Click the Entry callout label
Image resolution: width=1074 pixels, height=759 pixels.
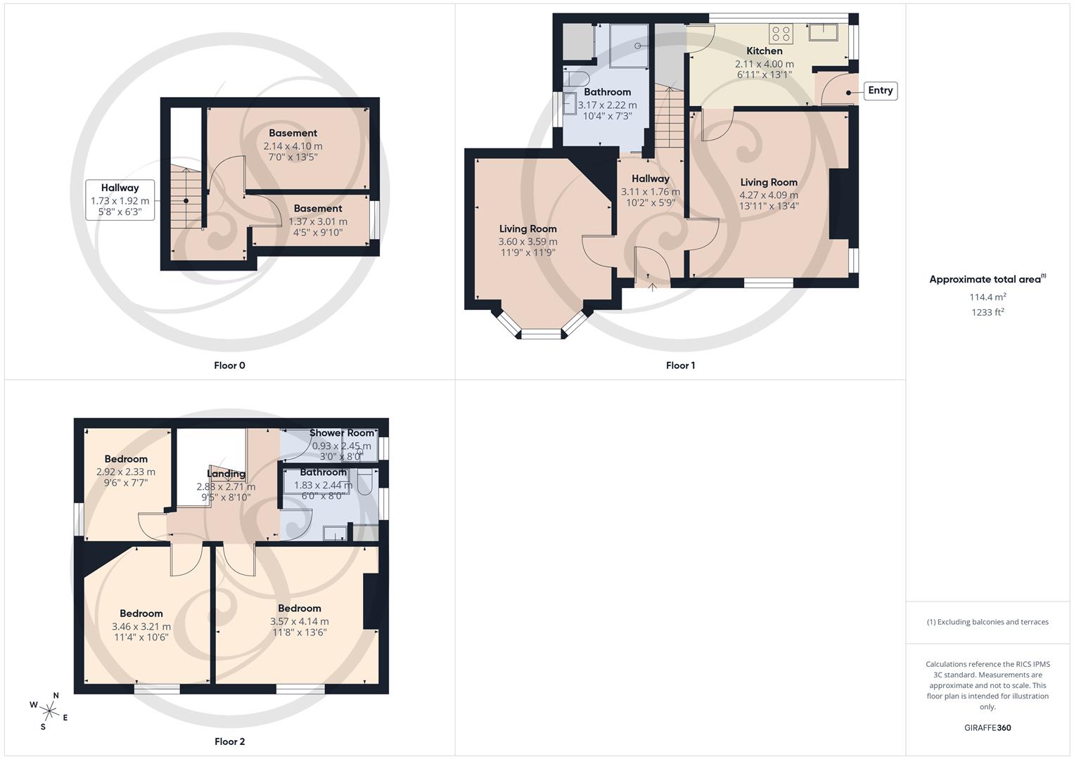tap(880, 91)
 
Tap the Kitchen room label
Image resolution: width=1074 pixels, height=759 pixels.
tap(764, 51)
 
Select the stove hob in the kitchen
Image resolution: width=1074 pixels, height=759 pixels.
tap(781, 33)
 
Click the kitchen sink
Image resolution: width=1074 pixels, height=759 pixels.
tap(823, 32)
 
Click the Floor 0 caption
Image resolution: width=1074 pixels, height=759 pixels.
tap(229, 365)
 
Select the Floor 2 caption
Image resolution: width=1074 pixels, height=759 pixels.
tap(229, 741)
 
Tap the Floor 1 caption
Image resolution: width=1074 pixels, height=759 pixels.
tap(680, 365)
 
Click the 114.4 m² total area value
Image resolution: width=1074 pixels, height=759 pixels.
tap(987, 297)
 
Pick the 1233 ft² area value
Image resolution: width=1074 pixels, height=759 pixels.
tap(987, 313)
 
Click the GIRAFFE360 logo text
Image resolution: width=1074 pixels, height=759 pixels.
tap(987, 728)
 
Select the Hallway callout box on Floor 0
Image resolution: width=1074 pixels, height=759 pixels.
tap(120, 200)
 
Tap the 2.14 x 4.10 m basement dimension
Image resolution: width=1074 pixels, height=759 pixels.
tap(293, 146)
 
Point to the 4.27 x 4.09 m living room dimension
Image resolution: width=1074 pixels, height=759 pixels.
tap(768, 195)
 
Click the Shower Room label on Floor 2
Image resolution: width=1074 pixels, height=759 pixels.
tap(342, 433)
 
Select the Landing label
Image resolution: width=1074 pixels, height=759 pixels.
tap(226, 474)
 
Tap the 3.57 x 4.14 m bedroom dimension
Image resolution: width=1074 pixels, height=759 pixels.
tap(299, 621)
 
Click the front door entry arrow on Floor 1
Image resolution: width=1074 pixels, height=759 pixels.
tap(652, 286)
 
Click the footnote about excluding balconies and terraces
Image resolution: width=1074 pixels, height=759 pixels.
tap(987, 622)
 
